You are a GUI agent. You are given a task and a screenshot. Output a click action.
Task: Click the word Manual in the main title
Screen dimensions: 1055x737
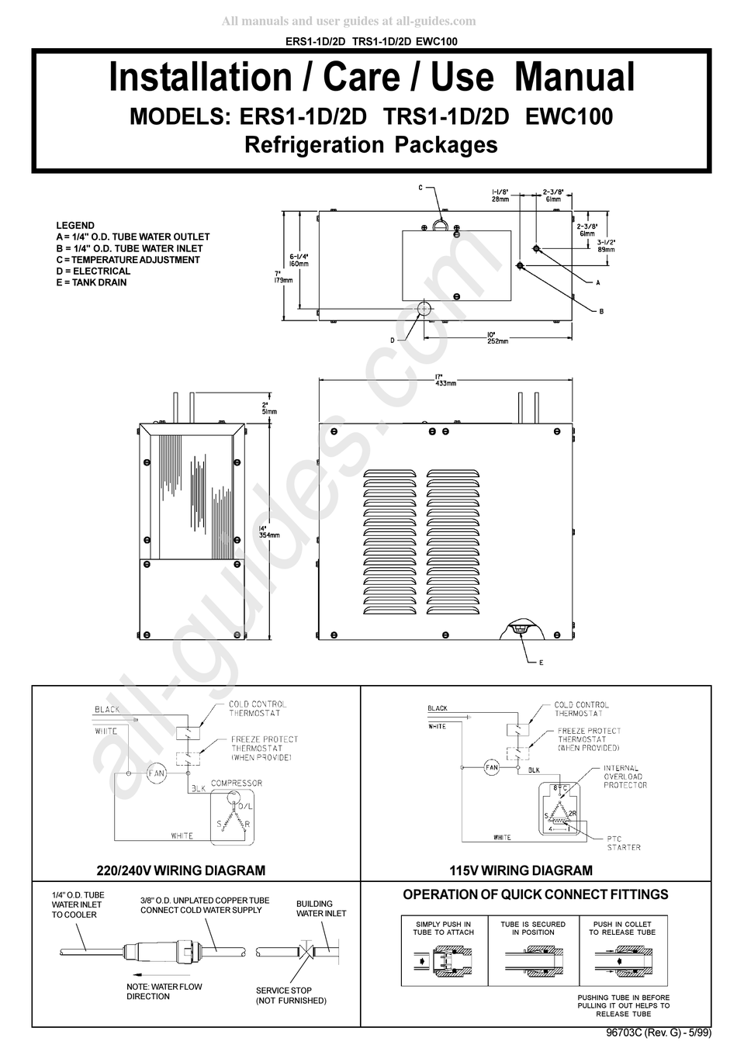click(574, 78)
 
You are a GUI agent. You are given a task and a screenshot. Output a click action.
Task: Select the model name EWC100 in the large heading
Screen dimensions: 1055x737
click(569, 116)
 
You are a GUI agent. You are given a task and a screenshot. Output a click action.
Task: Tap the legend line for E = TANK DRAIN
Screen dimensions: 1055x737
click(92, 282)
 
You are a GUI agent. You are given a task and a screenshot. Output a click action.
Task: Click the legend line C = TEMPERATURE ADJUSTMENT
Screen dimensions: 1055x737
click(128, 260)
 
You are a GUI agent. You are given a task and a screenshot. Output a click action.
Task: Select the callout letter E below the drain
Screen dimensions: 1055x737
click(541, 662)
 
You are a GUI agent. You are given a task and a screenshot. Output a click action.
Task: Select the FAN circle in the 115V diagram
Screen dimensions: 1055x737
click(491, 768)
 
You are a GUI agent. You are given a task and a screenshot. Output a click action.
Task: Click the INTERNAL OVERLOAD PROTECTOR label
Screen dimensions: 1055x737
click(625, 777)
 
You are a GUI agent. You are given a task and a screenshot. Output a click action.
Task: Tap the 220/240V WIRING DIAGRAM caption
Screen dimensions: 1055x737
click(181, 870)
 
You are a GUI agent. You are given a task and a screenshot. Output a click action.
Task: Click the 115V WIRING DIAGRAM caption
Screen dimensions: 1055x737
click(521, 870)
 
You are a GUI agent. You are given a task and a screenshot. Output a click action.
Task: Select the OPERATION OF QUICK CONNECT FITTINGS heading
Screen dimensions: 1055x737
click(535, 894)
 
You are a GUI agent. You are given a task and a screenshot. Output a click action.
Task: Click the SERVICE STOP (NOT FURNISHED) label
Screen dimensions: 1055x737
click(291, 995)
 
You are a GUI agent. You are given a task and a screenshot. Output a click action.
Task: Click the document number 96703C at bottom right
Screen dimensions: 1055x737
click(625, 1034)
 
